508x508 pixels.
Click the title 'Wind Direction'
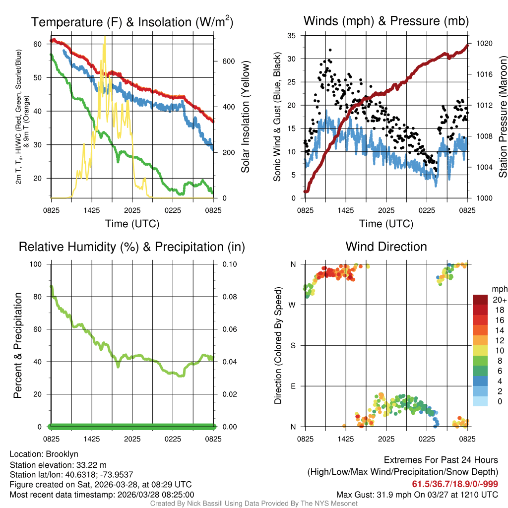[x=386, y=247]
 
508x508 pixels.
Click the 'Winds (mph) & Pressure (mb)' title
[x=386, y=21]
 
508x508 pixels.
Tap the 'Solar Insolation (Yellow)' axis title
[x=246, y=117]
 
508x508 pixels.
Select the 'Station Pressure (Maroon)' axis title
[x=503, y=117]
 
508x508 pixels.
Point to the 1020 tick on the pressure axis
[x=483, y=43]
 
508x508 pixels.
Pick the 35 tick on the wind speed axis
[x=292, y=35]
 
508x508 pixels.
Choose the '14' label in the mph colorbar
[x=494, y=330]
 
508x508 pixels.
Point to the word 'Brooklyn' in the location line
[x=62, y=454]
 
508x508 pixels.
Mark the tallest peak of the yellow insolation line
[x=105, y=37]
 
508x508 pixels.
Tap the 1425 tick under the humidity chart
[x=92, y=439]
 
